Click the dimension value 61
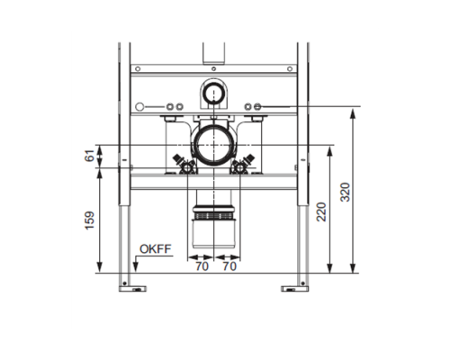click(89, 156)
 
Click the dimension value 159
click(90, 220)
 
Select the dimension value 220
click(321, 211)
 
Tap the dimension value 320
click(346, 192)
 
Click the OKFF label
click(156, 249)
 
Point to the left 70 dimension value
click(202, 266)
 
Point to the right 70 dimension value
click(229, 266)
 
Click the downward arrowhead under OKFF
click(135, 266)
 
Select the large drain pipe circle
click(213, 145)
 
